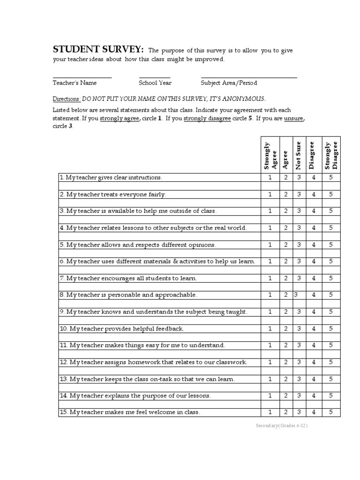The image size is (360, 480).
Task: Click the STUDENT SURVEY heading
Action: [x=98, y=50]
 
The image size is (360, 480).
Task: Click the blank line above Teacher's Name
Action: [x=82, y=77]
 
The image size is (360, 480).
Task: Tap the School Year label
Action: [x=155, y=83]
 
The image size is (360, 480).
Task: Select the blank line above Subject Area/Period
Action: [x=249, y=77]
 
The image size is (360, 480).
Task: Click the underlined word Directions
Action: [x=67, y=99]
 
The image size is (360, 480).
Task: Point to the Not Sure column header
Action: [x=298, y=155]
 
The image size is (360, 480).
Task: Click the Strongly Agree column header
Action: [x=270, y=155]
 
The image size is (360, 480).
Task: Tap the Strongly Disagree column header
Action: [x=331, y=155]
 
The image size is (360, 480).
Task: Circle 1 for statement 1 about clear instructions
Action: [x=270, y=178]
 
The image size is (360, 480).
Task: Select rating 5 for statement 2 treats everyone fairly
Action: [x=331, y=195]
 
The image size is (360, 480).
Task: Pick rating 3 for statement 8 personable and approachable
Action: [x=296, y=295]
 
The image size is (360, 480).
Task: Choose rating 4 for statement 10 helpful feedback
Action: [x=314, y=329]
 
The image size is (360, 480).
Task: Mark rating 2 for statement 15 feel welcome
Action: [x=285, y=412]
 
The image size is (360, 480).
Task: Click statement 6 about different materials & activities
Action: [x=157, y=262]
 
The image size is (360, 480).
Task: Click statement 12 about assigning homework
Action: [x=153, y=362]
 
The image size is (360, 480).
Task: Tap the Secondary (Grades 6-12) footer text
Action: [x=282, y=426]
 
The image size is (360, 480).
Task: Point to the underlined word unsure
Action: [x=293, y=119]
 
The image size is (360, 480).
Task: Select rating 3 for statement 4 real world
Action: [x=299, y=228]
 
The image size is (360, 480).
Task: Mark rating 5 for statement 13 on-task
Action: [x=331, y=379]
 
